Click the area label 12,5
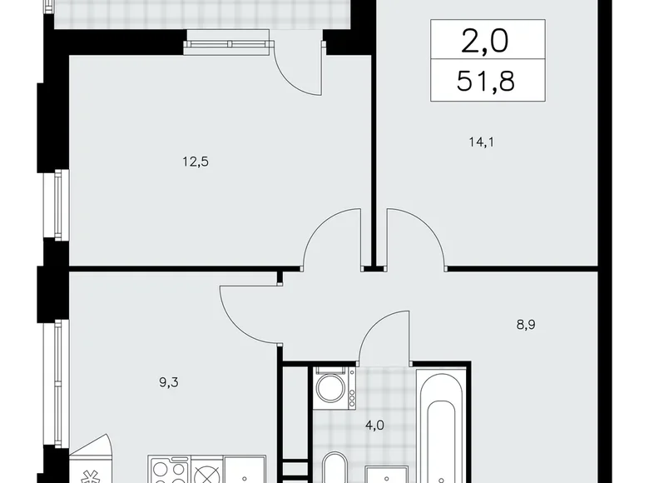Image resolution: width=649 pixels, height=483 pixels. pos(196,162)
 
